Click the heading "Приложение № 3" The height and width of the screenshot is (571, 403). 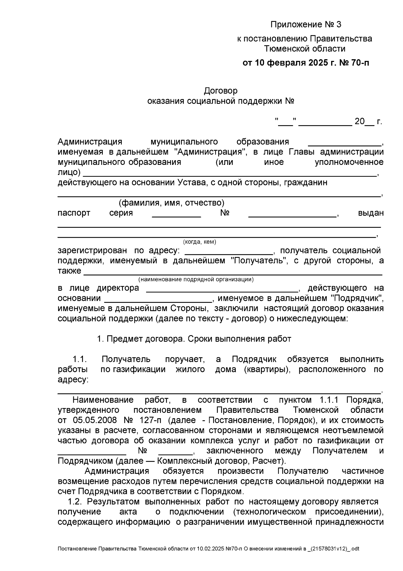306,25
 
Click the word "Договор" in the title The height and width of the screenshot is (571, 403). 221,91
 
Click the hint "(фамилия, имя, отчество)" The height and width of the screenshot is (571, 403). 171,203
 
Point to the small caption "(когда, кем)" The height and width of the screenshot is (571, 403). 199,242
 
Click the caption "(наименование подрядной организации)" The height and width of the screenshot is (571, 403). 196,279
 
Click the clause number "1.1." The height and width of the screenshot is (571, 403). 80,359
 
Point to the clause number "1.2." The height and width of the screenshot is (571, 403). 75,502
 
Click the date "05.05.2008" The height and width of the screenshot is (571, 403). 95,421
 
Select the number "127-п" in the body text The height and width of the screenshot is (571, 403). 150,421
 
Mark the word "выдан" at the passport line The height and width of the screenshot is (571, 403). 371,213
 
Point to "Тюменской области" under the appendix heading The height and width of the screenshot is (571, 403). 305,49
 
